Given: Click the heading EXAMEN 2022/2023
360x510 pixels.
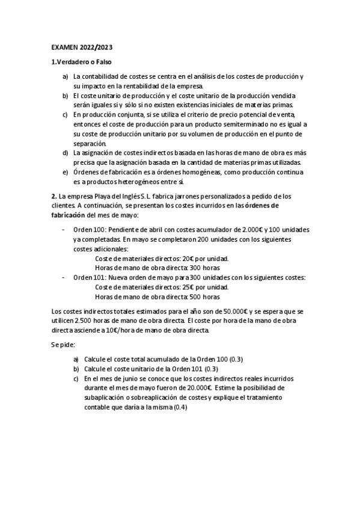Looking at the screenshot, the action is pyautogui.click(x=81, y=48).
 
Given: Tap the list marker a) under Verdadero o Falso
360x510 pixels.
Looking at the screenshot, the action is pyautogui.click(x=66, y=77).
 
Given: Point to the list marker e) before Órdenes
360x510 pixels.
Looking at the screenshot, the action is pyautogui.click(x=66, y=173).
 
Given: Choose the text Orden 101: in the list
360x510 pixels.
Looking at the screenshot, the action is pyautogui.click(x=91, y=278).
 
